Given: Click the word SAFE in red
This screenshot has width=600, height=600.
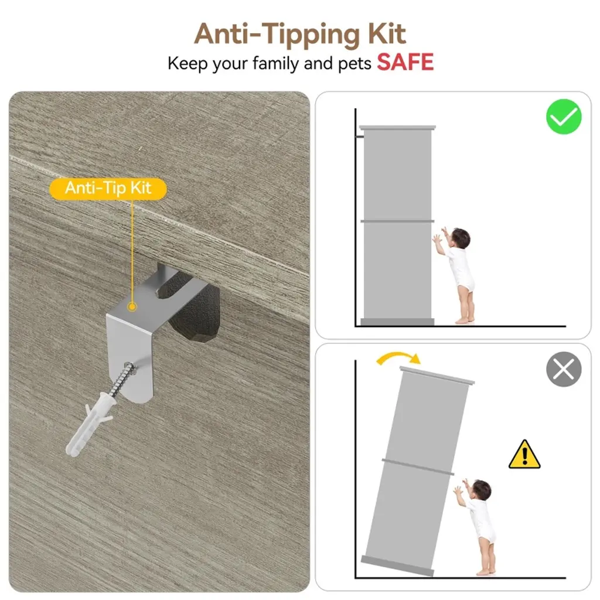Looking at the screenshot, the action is [x=405, y=62].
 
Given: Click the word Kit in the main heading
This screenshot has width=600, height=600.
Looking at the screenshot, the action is [x=387, y=34].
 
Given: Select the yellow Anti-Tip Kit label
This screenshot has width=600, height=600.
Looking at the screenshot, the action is [x=108, y=189].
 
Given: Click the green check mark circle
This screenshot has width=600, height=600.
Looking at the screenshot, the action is [x=564, y=117].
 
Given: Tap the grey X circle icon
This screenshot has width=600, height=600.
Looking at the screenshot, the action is [x=564, y=369].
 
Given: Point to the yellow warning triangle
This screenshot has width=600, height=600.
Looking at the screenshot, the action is [x=524, y=455].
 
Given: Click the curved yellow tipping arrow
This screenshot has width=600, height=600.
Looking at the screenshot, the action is [x=398, y=355].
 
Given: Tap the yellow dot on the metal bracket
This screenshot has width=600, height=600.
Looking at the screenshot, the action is [x=132, y=306].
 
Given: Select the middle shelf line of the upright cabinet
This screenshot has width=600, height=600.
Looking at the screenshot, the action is [x=397, y=221].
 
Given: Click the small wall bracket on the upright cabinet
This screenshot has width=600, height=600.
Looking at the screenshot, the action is [x=359, y=136].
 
